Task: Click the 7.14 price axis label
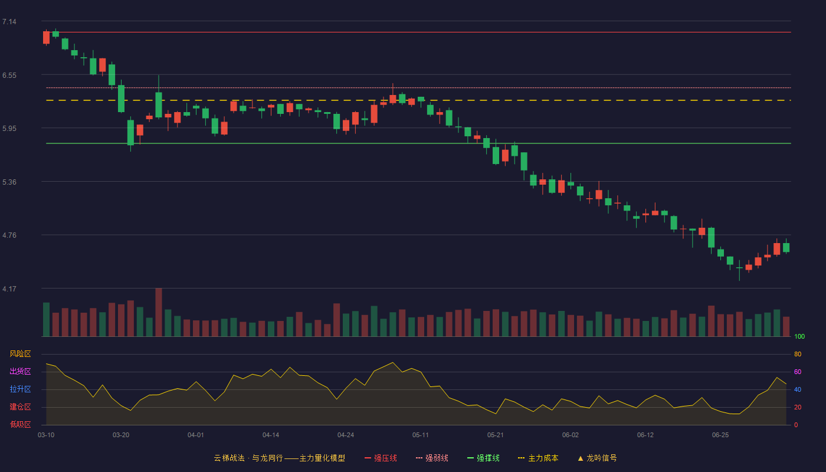[9, 22]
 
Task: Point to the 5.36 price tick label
[9, 182]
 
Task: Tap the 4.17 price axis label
[9, 289]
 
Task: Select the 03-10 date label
[46, 435]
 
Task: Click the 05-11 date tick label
[420, 435]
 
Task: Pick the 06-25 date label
[720, 435]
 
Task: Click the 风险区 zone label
[20, 354]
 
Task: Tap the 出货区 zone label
[20, 371]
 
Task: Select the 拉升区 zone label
[20, 389]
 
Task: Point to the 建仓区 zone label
[20, 407]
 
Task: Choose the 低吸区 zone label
[20, 424]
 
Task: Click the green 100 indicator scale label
[799, 336]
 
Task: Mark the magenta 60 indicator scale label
[798, 372]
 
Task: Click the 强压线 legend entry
[381, 458]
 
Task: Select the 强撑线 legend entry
[483, 458]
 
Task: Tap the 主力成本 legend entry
[538, 458]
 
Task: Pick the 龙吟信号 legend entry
[597, 458]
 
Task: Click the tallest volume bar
[159, 312]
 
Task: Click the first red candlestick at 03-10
[46, 38]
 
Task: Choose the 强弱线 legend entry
[432, 458]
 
